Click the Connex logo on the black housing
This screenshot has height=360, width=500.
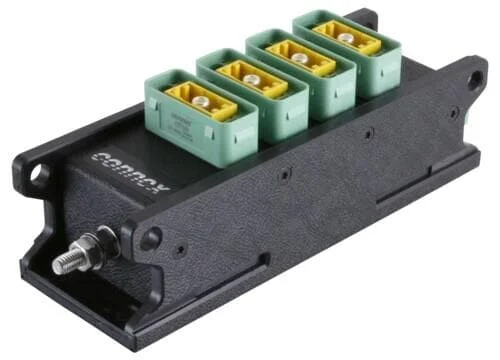pyautogui.click(x=129, y=171)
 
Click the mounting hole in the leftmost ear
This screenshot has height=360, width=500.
pyautogui.click(x=36, y=177)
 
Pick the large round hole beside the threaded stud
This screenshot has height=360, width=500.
pyautogui.click(x=150, y=238)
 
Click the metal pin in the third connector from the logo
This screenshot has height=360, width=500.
pyautogui.click(x=297, y=55)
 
